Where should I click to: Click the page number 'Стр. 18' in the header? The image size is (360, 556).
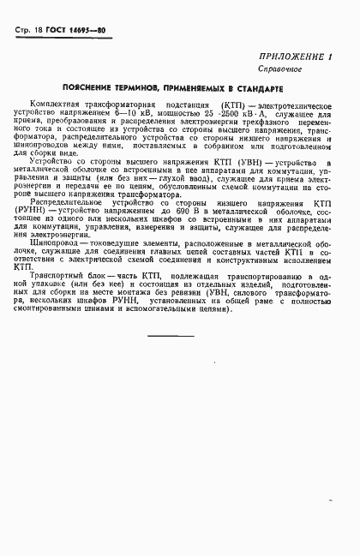32,30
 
